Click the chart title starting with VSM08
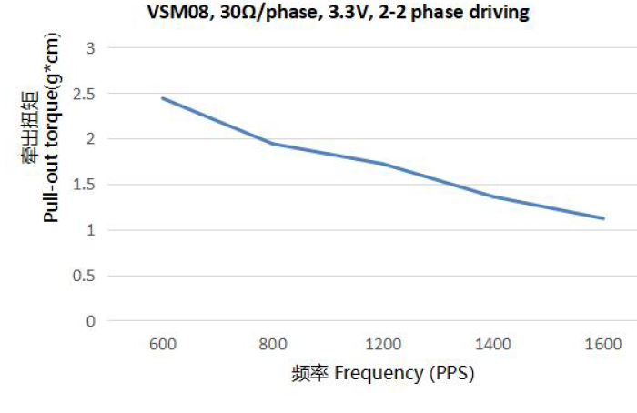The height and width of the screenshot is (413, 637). tap(338, 14)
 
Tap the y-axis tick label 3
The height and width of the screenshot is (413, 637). tap(88, 47)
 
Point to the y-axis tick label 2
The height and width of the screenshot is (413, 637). tap(88, 138)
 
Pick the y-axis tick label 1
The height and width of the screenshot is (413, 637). tap(88, 229)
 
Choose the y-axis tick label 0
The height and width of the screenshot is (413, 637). tap(88, 320)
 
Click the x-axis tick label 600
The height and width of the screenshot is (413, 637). tap(163, 345)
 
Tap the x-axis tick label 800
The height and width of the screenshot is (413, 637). tap(273, 345)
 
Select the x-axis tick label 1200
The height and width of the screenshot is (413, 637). tap(383, 345)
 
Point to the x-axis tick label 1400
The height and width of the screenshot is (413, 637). tap(493, 345)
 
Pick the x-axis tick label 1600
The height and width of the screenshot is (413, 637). tap(603, 345)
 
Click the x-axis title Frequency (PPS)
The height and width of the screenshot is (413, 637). tap(383, 373)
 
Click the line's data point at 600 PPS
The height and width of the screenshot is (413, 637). tap(163, 98)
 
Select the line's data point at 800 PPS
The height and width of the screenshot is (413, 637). tap(273, 144)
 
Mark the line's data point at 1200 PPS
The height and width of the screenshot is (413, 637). tap(383, 164)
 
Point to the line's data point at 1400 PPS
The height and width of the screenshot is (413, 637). tap(493, 196)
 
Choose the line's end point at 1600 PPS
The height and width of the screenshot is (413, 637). tap(603, 218)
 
